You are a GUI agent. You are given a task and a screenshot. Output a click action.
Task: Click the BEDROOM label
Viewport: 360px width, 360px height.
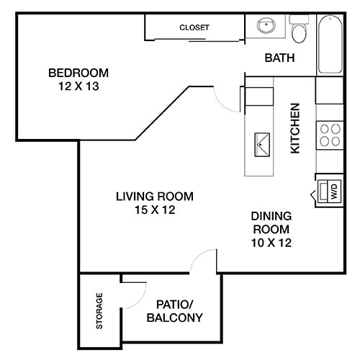tap(78, 73)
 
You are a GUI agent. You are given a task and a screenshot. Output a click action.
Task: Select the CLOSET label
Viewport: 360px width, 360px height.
tap(194, 28)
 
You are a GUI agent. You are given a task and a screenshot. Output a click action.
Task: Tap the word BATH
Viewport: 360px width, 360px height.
tap(279, 58)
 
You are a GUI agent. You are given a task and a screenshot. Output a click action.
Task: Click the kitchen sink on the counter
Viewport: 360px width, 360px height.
tap(261, 145)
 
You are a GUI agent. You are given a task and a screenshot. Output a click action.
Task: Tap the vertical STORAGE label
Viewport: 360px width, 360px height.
tap(99, 311)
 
